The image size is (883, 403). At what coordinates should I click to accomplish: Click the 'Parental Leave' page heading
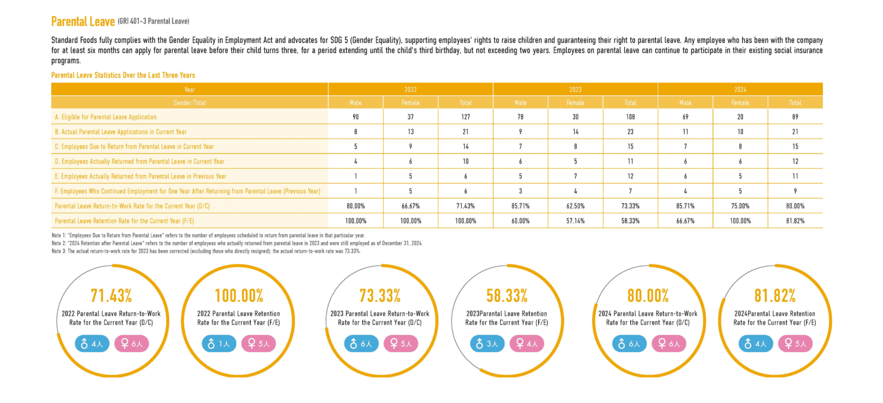point(83,21)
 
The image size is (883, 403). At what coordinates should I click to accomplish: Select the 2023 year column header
point(575,90)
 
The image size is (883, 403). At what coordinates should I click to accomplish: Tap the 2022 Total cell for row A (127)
point(466,117)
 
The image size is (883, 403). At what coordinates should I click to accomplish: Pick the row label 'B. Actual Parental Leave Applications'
point(120,132)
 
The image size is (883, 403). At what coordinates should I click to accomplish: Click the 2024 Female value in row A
point(740,117)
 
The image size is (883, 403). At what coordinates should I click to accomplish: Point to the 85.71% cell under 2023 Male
point(520,206)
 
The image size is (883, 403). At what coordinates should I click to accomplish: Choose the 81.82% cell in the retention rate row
point(795,221)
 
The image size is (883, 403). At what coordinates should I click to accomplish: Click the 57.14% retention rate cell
point(575,221)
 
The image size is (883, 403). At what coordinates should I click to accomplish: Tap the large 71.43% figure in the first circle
point(111,296)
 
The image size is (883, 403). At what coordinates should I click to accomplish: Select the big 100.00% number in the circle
point(239,296)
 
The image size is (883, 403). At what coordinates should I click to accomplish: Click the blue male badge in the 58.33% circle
point(487,344)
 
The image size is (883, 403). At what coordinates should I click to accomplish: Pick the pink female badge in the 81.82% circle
point(795,344)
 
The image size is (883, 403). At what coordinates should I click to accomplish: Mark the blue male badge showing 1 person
point(219,344)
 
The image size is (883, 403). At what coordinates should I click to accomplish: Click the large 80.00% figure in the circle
point(648,296)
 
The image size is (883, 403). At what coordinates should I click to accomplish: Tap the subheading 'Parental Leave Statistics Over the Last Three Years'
point(123,75)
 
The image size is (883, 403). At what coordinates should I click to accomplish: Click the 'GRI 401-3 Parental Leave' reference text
point(153,21)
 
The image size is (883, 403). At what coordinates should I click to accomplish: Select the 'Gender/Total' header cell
point(190,103)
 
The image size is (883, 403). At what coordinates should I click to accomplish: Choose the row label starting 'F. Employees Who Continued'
point(187,191)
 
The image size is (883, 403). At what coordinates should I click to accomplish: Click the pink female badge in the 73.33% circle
point(400,344)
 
